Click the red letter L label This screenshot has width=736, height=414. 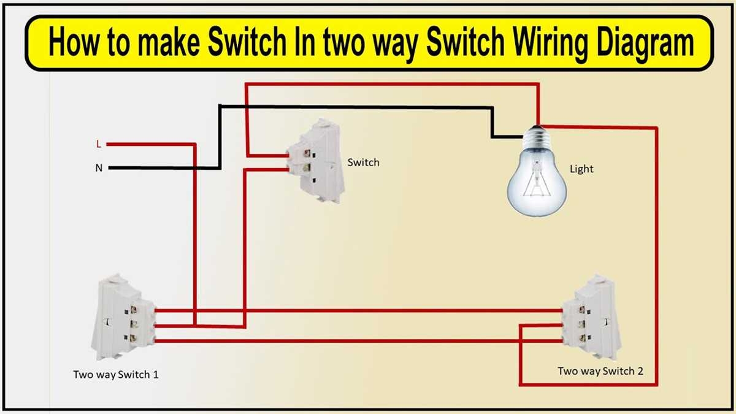click(x=98, y=145)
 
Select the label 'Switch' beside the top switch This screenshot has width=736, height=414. click(x=363, y=163)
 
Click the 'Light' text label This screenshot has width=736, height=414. click(x=581, y=169)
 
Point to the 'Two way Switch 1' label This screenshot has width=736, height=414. click(x=116, y=374)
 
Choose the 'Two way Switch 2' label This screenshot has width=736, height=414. click(x=600, y=371)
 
